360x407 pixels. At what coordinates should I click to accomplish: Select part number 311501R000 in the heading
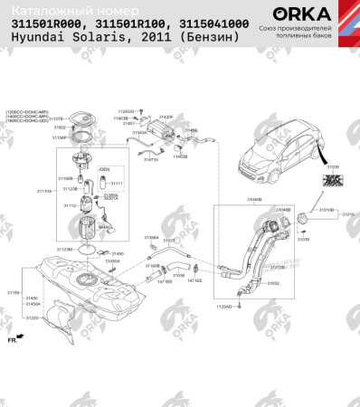(48, 24)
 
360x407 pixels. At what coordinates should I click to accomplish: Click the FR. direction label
(13, 342)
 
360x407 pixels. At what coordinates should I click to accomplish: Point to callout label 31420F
(165, 118)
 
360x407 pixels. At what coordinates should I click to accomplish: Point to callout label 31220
(32, 318)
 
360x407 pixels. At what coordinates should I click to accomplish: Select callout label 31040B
(229, 200)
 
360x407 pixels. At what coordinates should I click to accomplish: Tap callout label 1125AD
(222, 308)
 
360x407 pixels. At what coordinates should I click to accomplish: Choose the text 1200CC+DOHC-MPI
(24, 110)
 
